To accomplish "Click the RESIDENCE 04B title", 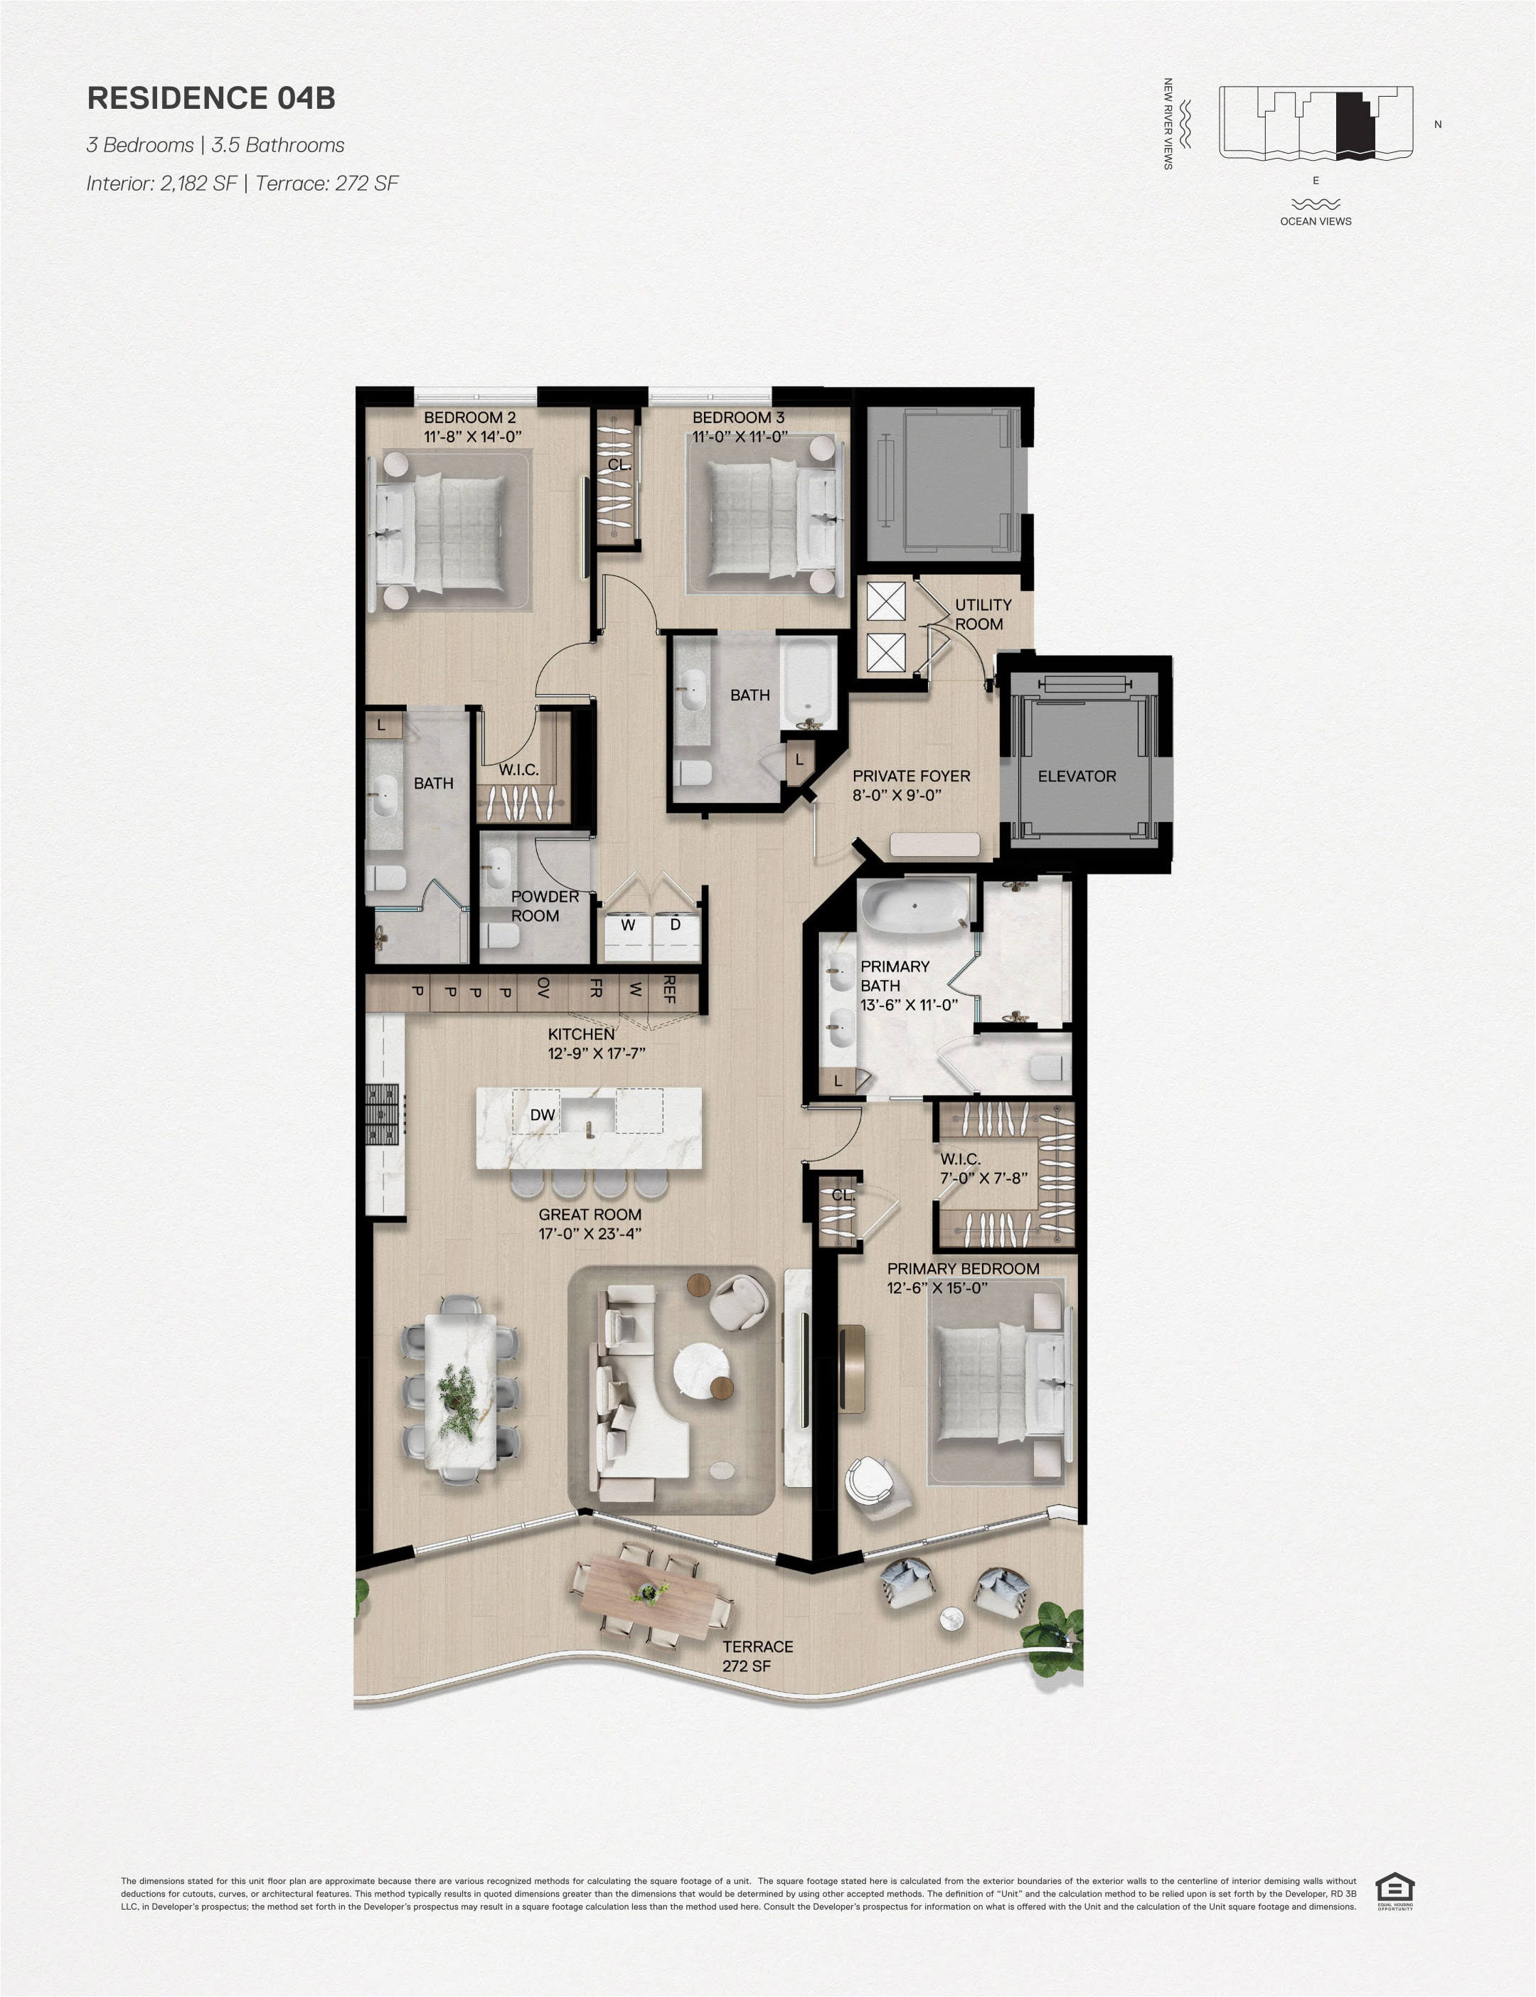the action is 211,99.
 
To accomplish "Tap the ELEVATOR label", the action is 1077,777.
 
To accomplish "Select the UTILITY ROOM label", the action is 983,614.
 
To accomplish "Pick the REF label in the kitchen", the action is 668,989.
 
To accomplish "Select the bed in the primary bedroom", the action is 1001,1383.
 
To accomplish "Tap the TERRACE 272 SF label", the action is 757,1656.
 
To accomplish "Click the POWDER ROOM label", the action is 545,906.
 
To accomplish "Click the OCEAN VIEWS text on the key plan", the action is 1316,221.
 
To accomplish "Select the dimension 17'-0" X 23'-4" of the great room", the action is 590,1233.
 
